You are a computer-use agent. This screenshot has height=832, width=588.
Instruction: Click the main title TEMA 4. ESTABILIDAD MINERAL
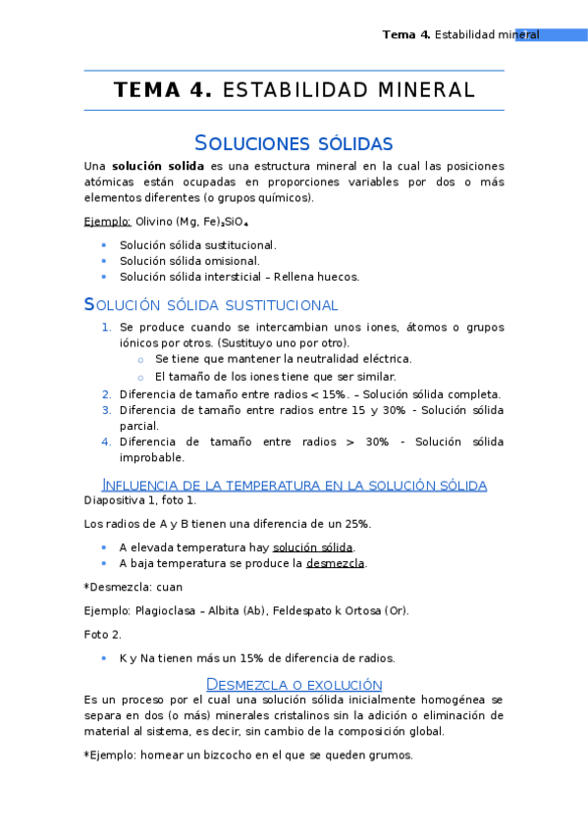point(294,90)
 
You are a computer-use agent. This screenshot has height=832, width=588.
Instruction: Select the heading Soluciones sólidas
point(294,143)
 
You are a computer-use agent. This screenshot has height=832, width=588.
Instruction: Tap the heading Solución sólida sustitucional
point(211,305)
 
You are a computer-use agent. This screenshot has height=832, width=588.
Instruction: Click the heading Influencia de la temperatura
point(294,485)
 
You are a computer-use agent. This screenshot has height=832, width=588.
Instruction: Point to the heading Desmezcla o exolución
point(294,684)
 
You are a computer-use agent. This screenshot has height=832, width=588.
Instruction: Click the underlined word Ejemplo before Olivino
point(108,222)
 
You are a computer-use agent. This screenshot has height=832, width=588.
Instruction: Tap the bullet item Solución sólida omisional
point(189,261)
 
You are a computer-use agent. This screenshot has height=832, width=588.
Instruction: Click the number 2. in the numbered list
point(106,394)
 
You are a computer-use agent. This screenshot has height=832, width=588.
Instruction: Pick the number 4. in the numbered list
point(106,442)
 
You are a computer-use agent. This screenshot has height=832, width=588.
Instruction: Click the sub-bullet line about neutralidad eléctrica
point(283,359)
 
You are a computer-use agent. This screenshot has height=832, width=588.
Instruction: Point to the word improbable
point(151,457)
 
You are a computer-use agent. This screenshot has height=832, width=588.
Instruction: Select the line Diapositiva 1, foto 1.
point(140,500)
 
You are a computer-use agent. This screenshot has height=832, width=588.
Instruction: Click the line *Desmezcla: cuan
point(134,587)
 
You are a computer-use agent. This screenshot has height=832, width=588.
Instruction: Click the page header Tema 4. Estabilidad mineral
point(460,34)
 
